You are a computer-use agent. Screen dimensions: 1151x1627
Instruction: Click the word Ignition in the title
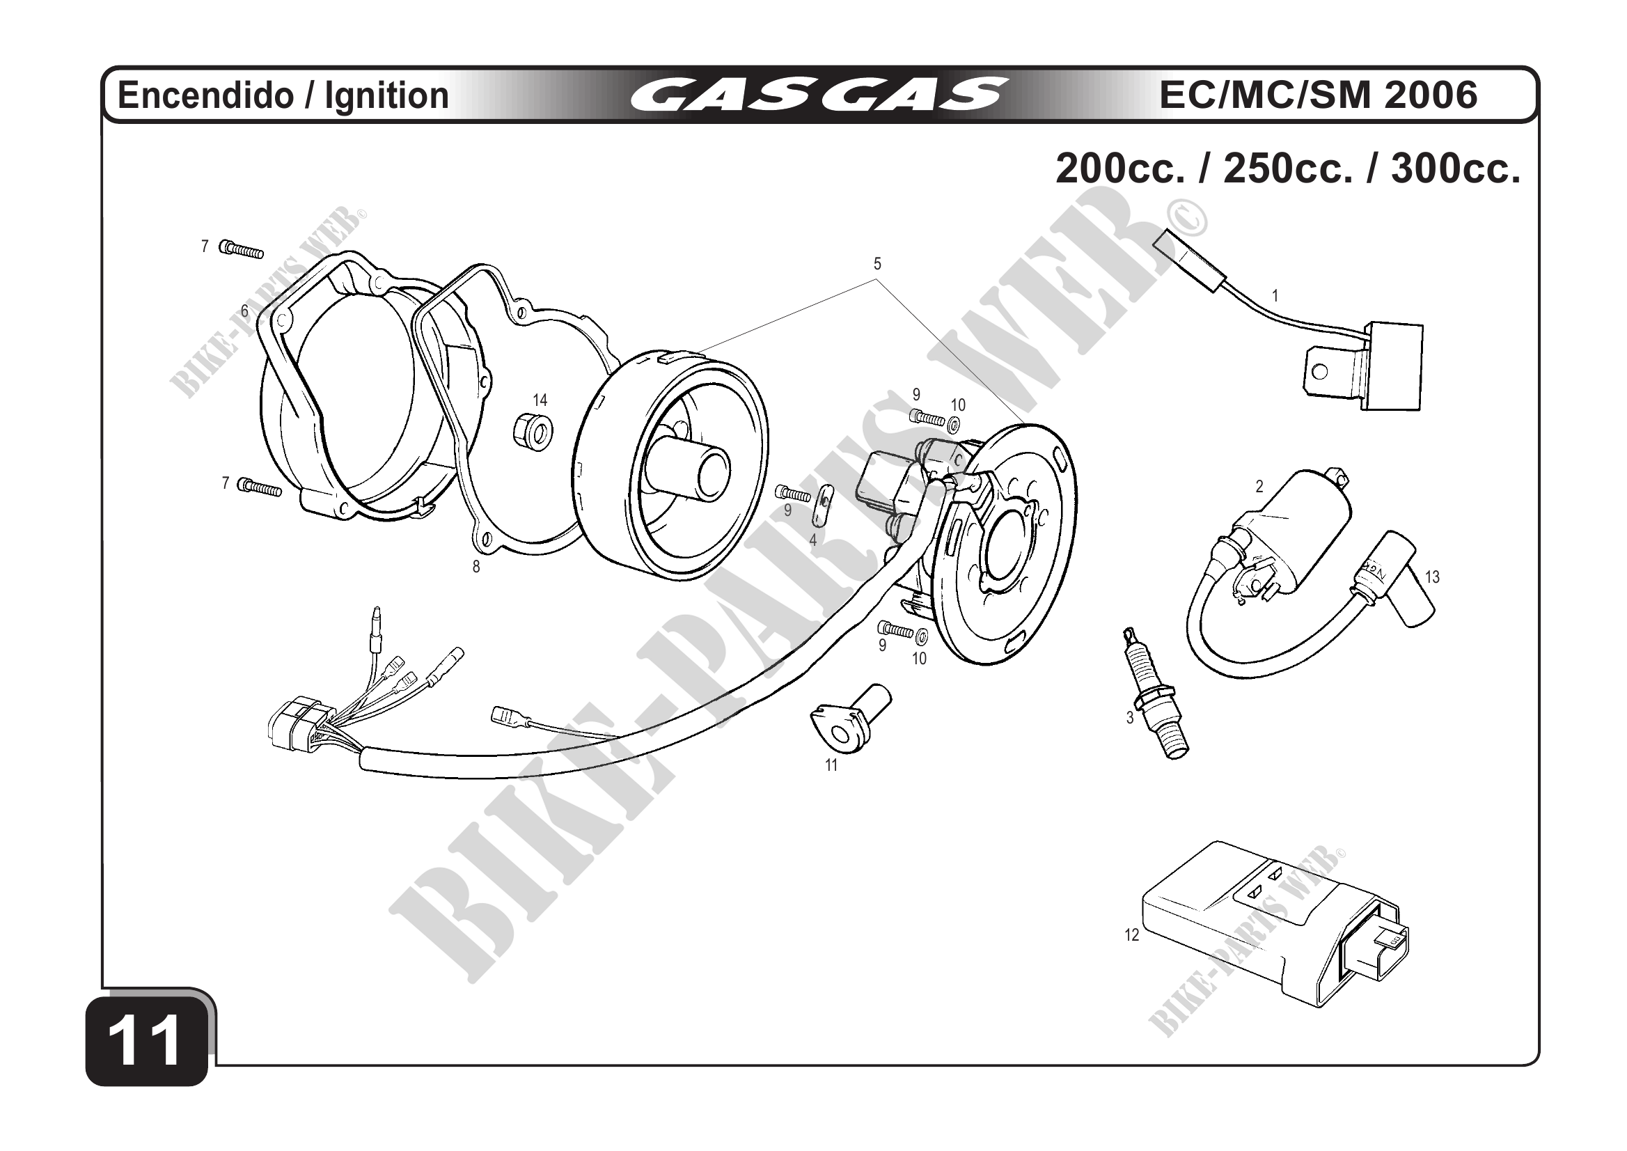coord(387,95)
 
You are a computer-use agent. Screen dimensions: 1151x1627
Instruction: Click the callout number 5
coord(877,265)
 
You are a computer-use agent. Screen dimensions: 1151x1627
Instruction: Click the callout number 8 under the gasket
coord(476,567)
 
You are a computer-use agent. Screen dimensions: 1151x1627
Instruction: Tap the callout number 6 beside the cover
coord(244,311)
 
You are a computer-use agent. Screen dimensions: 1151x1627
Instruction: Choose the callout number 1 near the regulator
coord(1275,296)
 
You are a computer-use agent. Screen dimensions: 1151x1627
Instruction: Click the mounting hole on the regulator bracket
coord(1319,371)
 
